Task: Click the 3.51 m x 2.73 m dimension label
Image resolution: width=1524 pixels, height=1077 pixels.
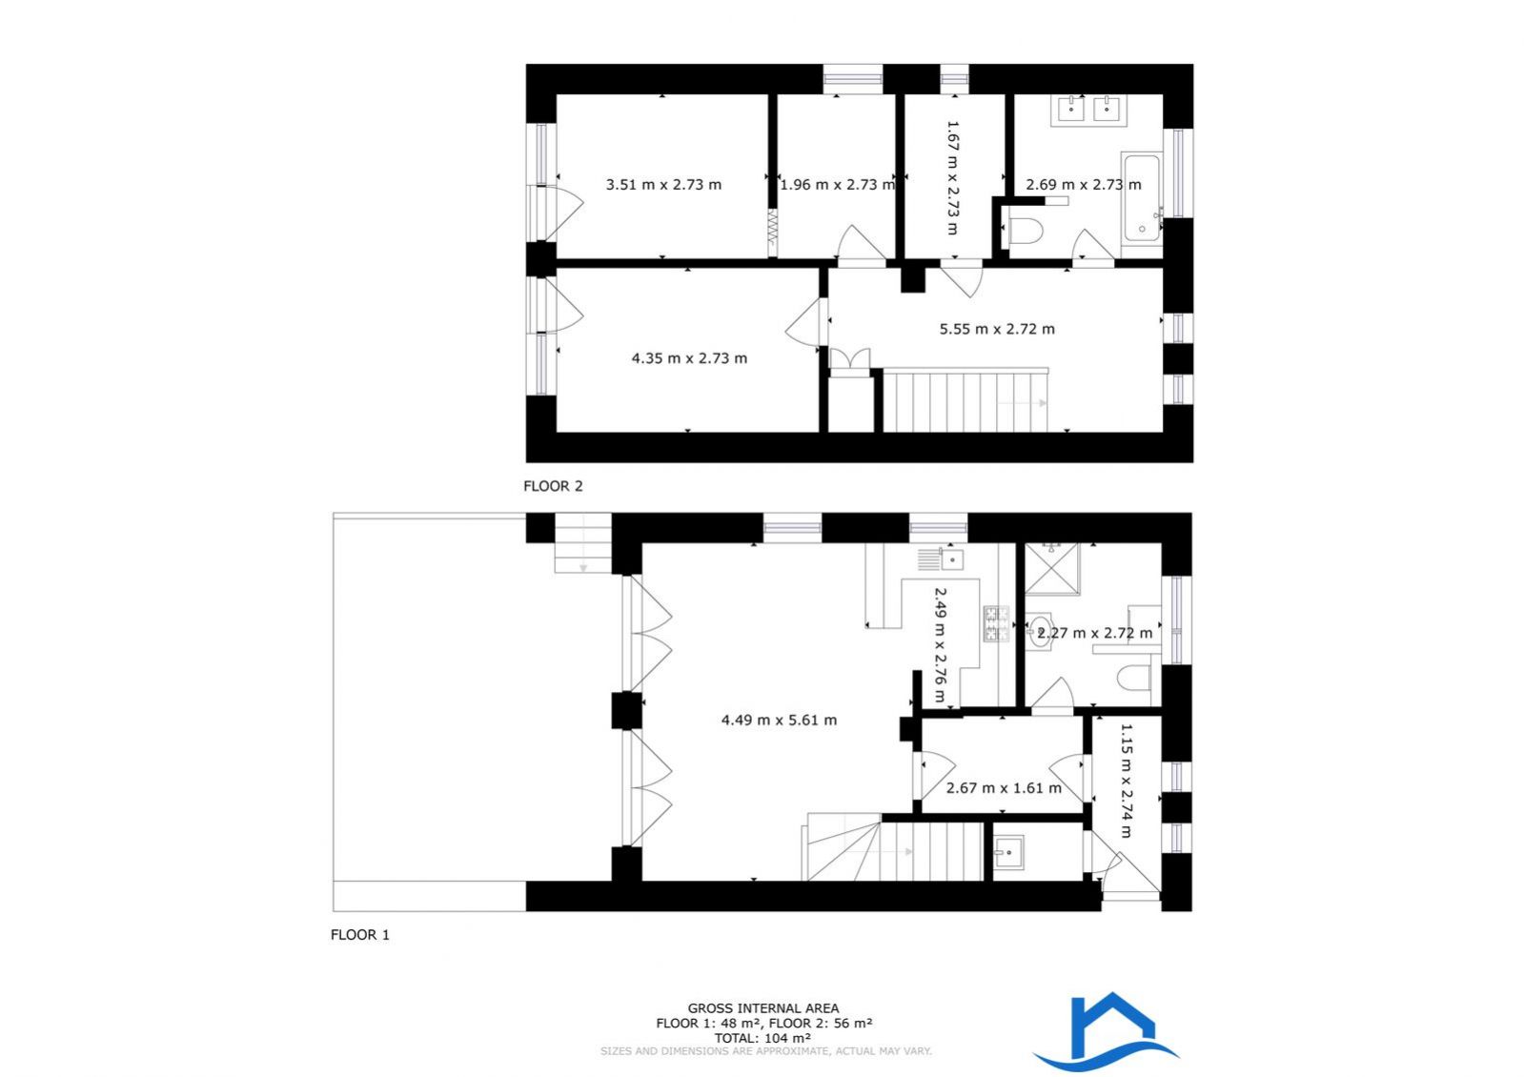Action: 663,184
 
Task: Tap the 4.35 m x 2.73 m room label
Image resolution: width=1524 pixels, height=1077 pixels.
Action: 689,357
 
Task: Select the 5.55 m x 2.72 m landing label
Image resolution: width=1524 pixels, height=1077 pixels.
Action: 997,329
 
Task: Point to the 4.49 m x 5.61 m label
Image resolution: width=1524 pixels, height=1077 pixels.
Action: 779,720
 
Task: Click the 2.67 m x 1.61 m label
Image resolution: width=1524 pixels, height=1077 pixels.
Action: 1004,788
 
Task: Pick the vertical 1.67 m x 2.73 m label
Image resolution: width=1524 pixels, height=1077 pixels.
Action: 952,177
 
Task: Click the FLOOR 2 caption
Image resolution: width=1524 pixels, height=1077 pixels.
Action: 553,486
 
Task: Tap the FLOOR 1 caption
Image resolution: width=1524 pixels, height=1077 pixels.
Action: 360,935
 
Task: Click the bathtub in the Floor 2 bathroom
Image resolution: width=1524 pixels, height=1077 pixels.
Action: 1142,198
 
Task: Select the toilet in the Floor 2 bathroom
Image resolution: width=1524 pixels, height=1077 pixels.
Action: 1026,232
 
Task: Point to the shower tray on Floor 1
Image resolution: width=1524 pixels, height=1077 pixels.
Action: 1052,569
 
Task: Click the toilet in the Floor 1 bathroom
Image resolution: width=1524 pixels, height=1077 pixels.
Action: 1134,678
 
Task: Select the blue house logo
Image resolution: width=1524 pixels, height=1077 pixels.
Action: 1107,1030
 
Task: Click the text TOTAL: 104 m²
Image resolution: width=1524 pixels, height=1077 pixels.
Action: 762,1038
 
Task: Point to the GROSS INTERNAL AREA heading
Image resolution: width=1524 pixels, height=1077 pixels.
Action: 762,1008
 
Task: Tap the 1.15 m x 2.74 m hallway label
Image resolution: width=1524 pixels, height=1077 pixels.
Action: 1126,781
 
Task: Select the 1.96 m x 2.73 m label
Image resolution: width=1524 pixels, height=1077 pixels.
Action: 837,184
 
